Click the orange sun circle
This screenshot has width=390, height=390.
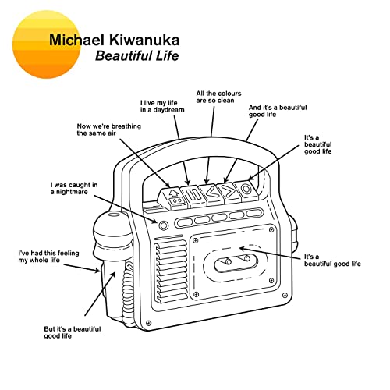46,44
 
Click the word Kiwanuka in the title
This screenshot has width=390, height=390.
144,40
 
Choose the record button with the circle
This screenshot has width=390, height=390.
246,190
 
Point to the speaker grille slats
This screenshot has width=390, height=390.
171,271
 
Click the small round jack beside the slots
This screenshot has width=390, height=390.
163,225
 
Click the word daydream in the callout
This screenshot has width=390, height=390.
169,110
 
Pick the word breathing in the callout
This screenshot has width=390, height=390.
126,126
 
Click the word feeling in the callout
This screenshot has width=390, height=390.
68,253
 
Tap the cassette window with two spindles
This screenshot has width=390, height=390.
236,263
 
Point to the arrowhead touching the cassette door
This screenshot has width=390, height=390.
242,249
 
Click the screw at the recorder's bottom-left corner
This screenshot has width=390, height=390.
148,323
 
